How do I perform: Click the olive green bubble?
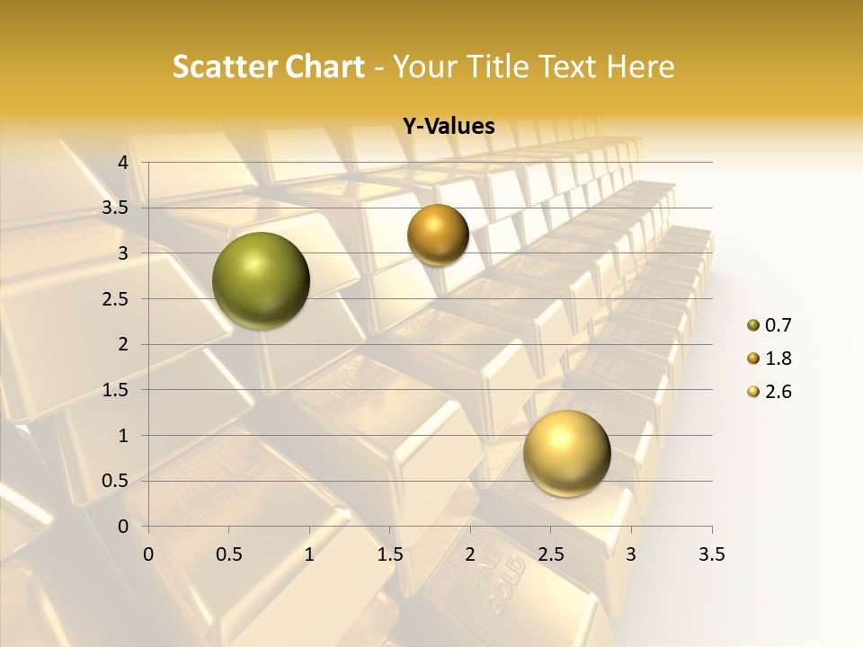click(261, 280)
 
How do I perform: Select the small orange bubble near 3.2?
click(438, 235)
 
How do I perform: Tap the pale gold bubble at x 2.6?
click(566, 453)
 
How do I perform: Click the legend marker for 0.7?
click(752, 325)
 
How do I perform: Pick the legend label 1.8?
click(778, 359)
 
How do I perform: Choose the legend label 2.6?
click(778, 392)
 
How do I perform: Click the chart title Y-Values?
click(449, 127)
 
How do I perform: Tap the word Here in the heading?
click(640, 66)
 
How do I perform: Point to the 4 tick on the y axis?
click(123, 163)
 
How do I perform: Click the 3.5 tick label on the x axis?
click(712, 554)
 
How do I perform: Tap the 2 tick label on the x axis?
click(470, 554)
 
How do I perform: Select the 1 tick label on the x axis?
click(309, 554)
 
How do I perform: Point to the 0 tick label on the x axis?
click(148, 554)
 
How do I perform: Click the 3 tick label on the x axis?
click(631, 554)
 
